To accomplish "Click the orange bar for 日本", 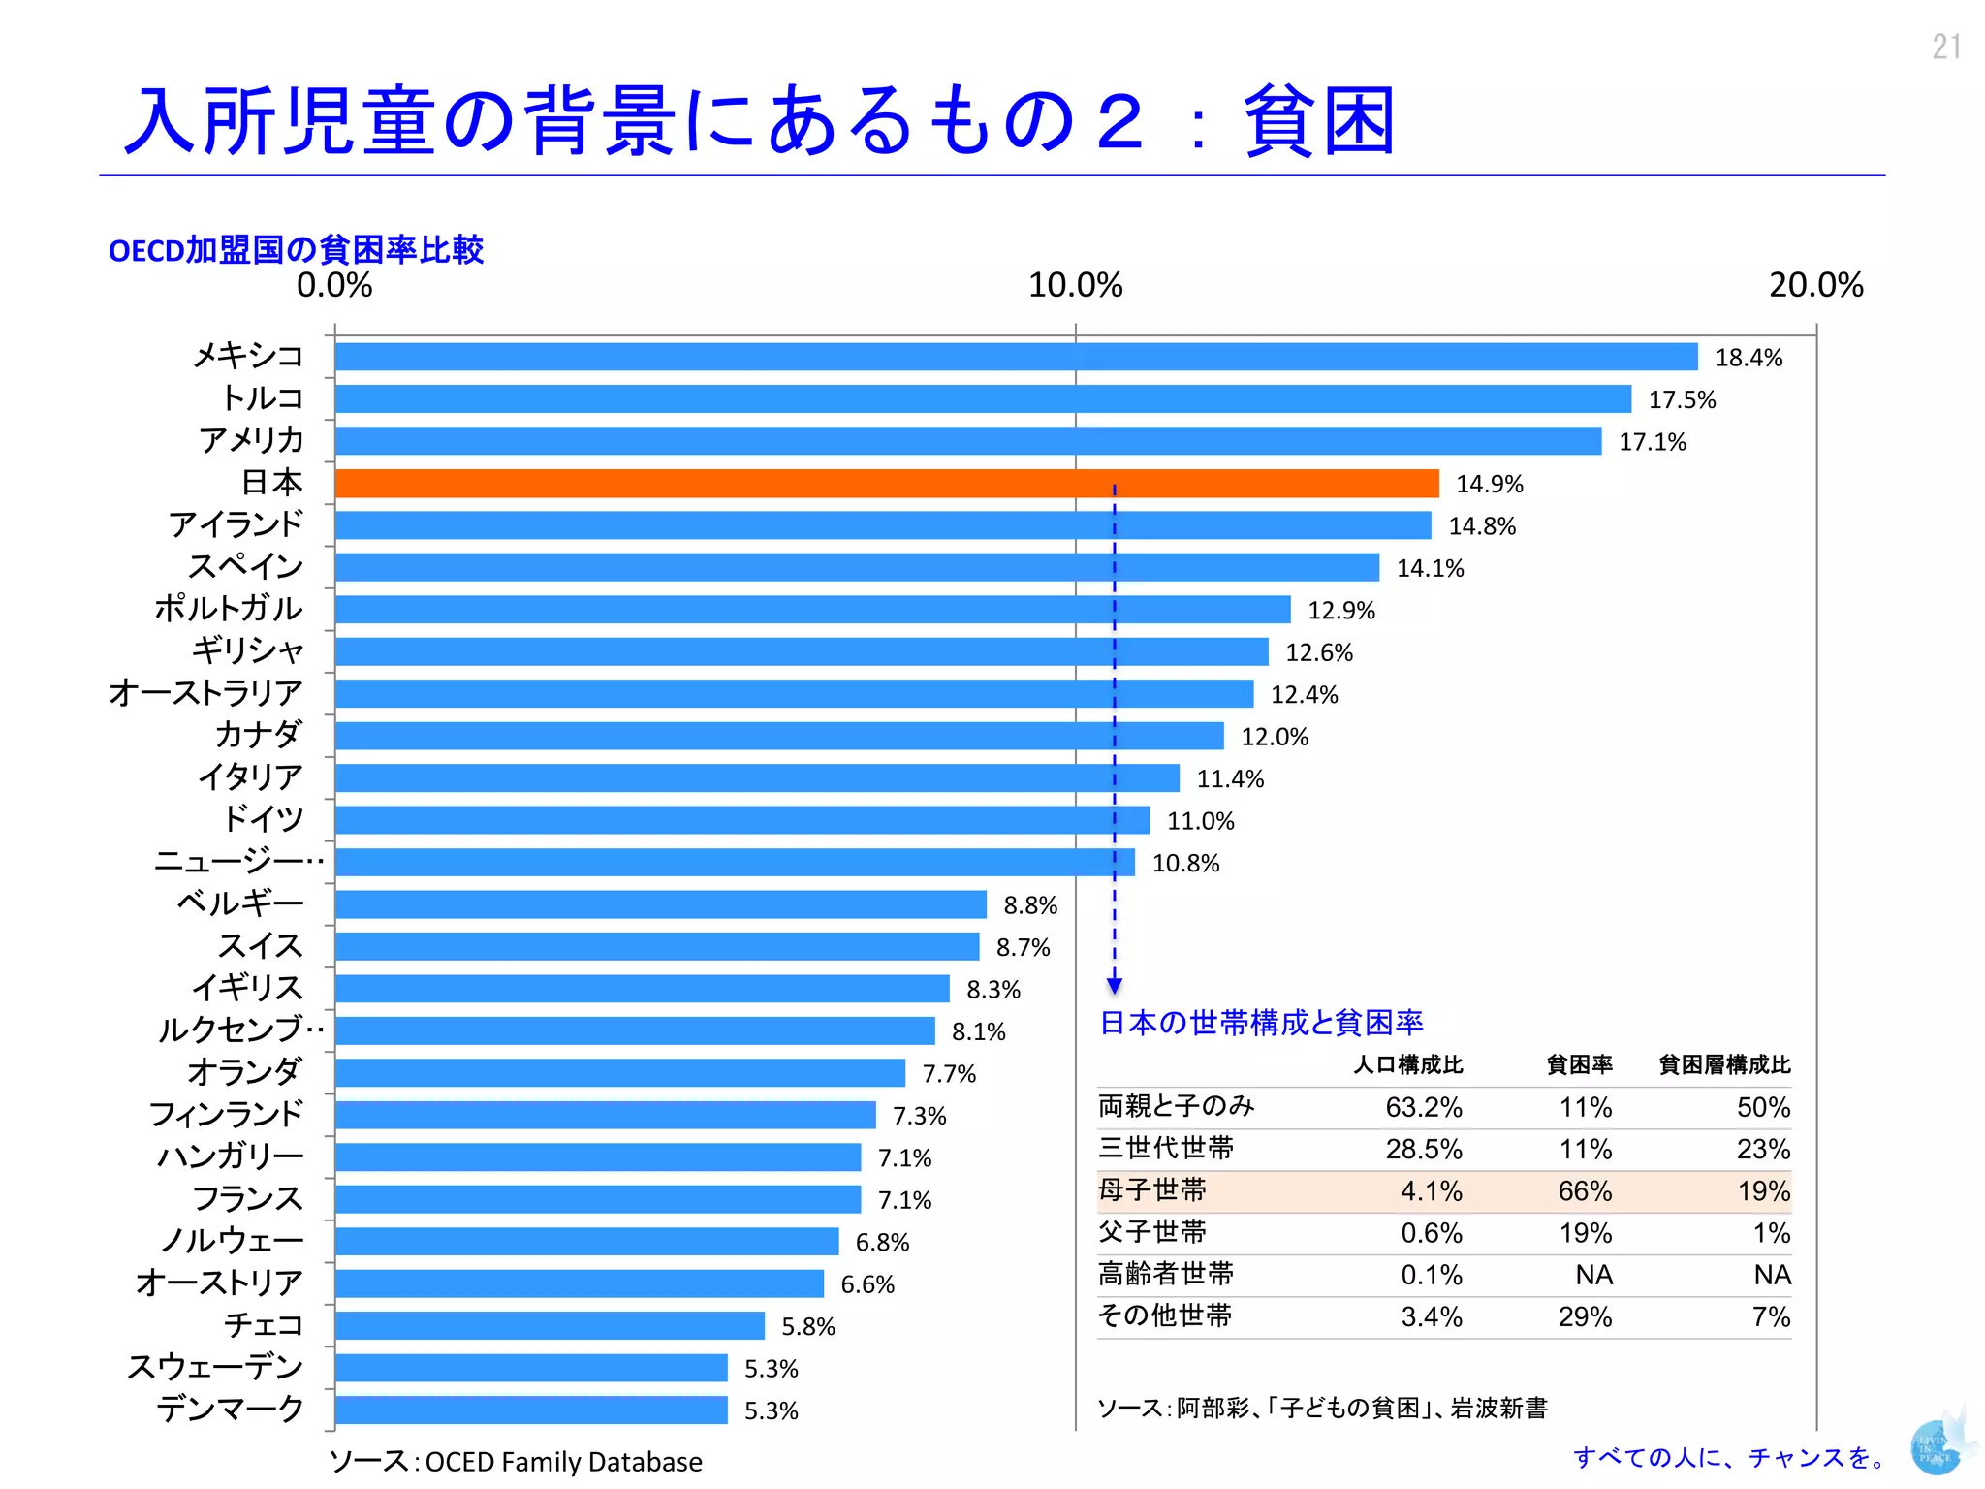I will click(x=886, y=483).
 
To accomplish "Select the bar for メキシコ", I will click(x=1016, y=357).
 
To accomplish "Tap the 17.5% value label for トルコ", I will click(x=1682, y=399).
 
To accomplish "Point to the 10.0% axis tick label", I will click(x=1075, y=285).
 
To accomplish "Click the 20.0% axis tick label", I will click(x=1815, y=285).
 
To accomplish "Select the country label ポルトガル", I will click(x=229, y=609).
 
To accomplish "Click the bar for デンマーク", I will click(x=531, y=1410).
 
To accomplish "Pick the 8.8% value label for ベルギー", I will click(x=1030, y=905).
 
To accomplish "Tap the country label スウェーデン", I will click(x=215, y=1367).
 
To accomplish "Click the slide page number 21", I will click(x=1945, y=47).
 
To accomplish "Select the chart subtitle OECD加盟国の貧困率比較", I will click(x=296, y=250).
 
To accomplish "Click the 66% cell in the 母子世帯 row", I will click(x=1585, y=1190).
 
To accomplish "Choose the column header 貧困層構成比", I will click(x=1724, y=1064).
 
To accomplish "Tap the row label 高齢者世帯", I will click(x=1166, y=1274).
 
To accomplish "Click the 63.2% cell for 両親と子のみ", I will click(x=1423, y=1107).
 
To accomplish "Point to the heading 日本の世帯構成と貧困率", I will click(x=1261, y=1023).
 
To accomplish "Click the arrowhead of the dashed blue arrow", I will click(x=1115, y=986).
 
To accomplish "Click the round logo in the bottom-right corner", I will click(x=1936, y=1448).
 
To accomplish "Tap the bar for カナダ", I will click(x=779, y=736).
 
